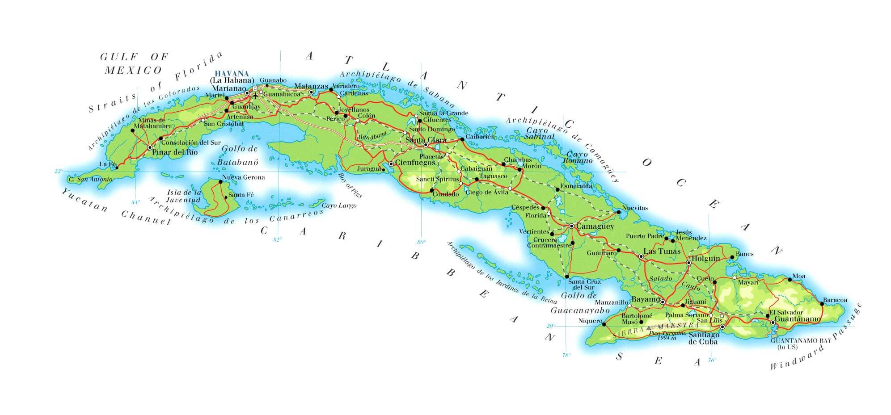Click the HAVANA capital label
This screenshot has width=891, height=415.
tap(232, 73)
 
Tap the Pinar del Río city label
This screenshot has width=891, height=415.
tap(175, 152)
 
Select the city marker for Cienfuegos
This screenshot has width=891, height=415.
tap(391, 164)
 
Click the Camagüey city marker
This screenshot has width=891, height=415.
tap(571, 226)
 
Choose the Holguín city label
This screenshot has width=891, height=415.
tap(706, 259)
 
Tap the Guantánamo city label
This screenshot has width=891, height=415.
tap(798, 319)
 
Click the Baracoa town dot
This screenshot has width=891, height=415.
tap(822, 304)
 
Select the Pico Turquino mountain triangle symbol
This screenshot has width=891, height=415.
tap(649, 328)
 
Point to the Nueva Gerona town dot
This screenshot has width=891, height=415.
tap(220, 182)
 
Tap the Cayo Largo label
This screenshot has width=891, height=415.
tap(340, 205)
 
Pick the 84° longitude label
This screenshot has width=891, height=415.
tap(135, 202)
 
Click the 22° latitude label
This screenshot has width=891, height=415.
tap(59, 171)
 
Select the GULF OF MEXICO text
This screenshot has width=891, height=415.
tap(134, 63)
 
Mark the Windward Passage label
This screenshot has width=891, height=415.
tap(816, 337)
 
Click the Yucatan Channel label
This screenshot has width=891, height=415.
tap(116, 207)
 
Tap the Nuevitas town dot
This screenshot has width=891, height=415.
tap(618, 212)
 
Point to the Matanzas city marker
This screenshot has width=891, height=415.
tap(311, 92)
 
